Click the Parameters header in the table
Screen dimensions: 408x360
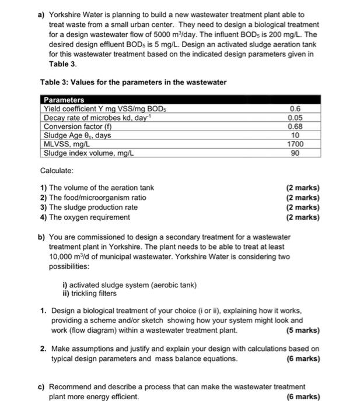click(x=64, y=100)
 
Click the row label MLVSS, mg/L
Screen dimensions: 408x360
click(x=67, y=144)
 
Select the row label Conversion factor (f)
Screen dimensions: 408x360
click(x=78, y=126)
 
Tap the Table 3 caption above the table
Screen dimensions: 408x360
click(x=133, y=82)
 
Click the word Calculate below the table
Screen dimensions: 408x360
click(x=57, y=171)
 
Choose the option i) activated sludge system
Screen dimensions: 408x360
click(x=129, y=285)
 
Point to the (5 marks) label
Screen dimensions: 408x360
click(x=303, y=330)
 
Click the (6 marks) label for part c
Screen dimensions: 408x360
click(x=303, y=397)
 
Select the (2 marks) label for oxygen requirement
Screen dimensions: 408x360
click(x=303, y=217)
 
